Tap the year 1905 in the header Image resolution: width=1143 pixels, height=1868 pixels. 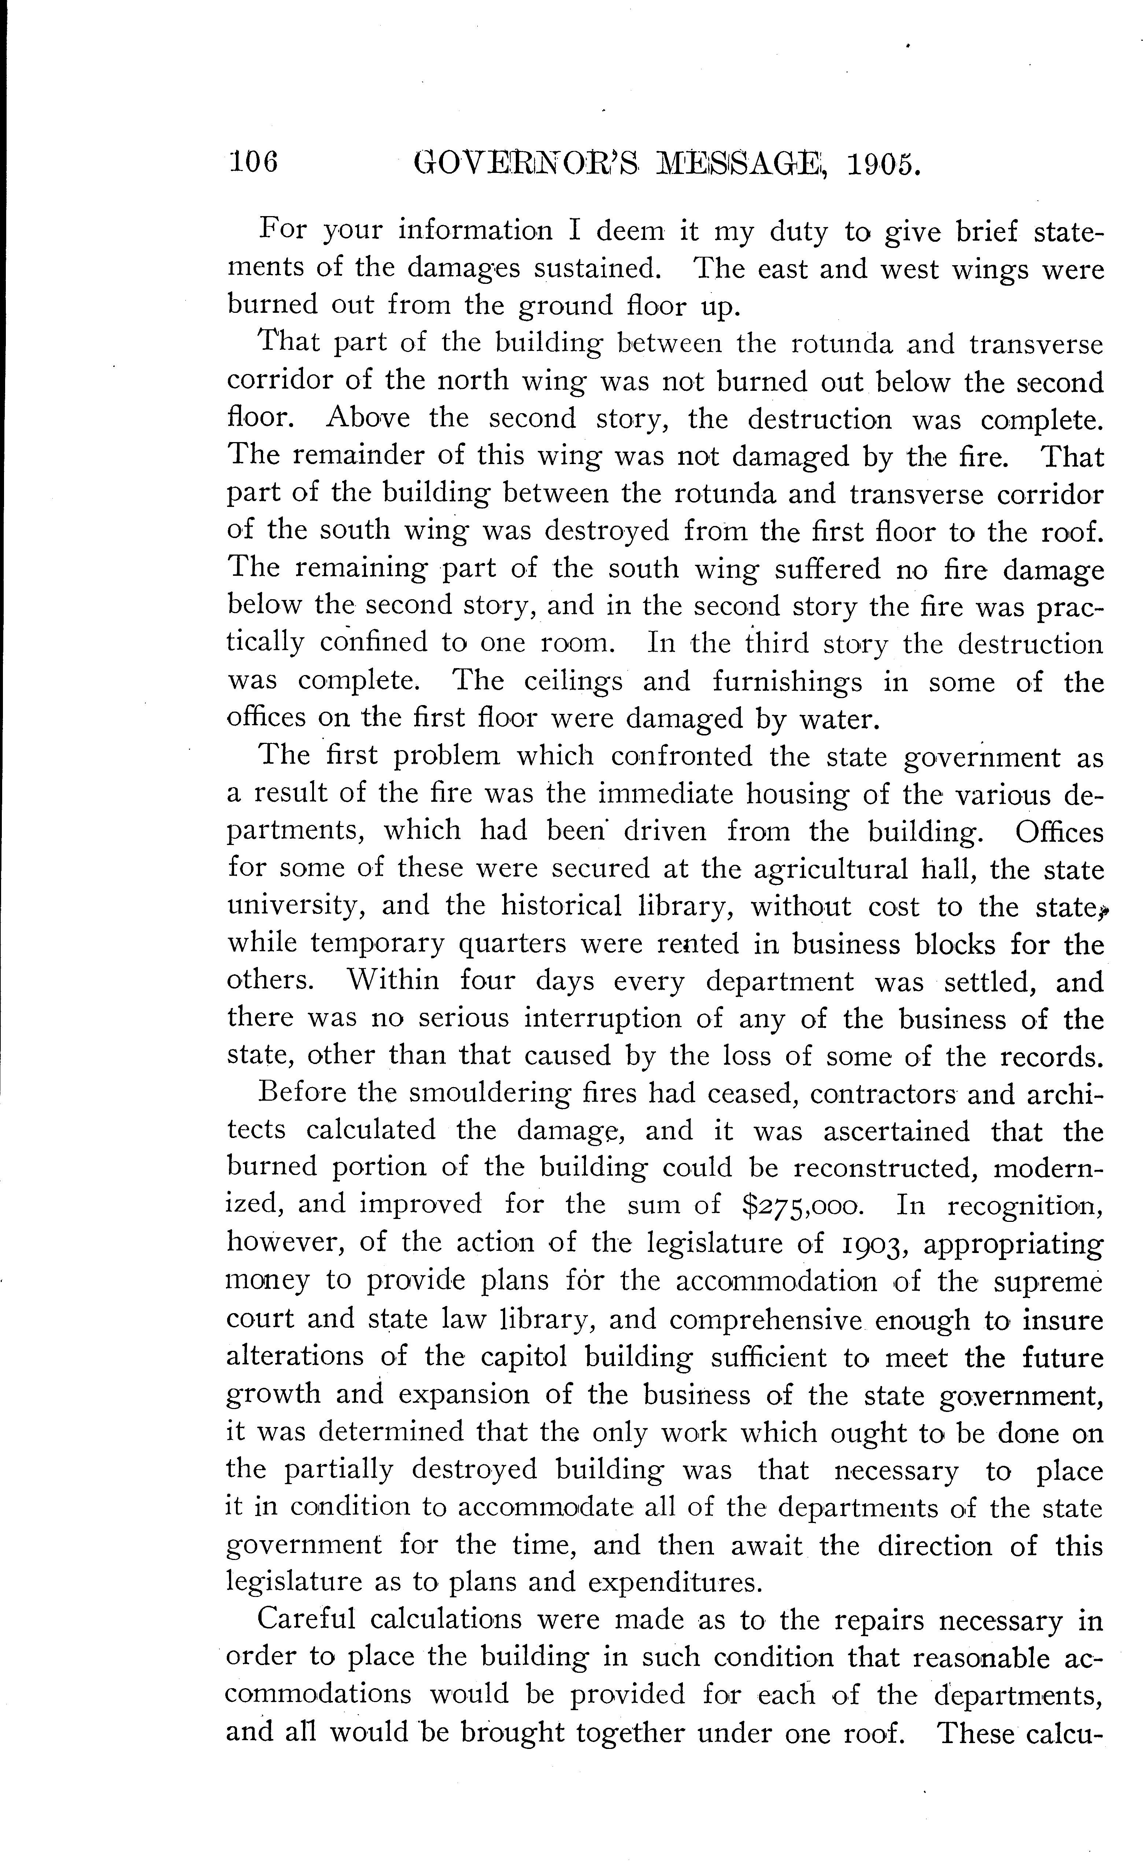pyautogui.click(x=884, y=164)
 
